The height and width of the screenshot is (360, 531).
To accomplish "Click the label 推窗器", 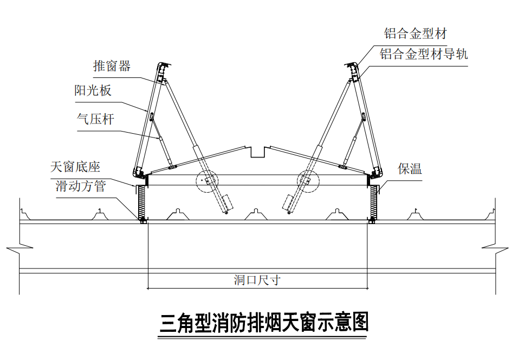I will (112, 66).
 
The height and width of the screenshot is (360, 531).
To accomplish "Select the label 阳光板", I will (93, 90).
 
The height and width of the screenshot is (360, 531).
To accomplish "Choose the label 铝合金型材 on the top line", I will (415, 34).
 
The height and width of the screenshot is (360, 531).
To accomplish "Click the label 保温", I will (410, 168).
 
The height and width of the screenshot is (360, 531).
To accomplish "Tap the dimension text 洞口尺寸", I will (257, 280).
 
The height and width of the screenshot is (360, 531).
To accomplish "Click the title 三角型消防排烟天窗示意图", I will (264, 323).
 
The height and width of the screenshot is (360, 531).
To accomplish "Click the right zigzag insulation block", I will (373, 201).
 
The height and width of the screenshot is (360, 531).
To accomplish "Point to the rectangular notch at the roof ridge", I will (258, 151).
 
